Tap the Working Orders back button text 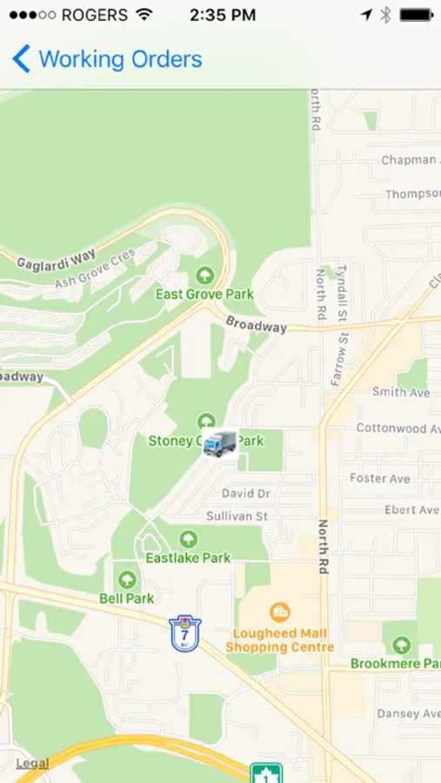120,59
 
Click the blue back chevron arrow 22,59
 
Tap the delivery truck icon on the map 219,443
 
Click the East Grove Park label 204,294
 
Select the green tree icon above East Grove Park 205,276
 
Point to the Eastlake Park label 188,558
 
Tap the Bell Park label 127,598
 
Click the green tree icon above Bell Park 127,579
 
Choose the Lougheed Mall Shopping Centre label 279,640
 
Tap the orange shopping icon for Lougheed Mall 279,612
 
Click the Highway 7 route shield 185,632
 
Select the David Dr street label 245,493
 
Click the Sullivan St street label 237,516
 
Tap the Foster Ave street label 379,478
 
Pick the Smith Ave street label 400,392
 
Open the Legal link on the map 32,763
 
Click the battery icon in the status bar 417,15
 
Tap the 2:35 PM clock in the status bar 223,15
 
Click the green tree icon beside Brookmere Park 401,645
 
